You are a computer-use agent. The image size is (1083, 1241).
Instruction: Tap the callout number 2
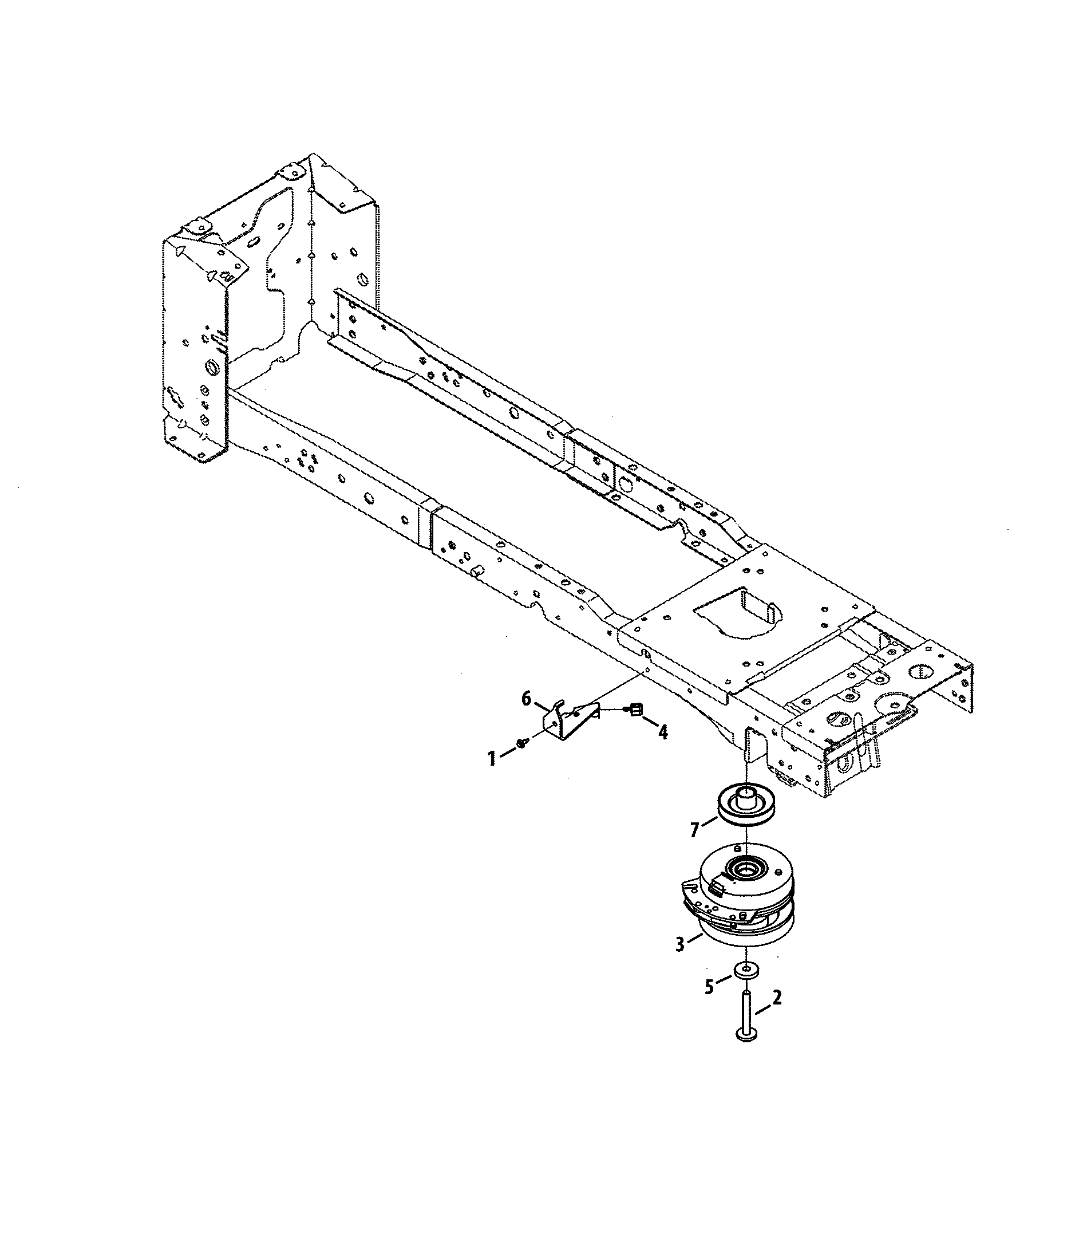[777, 998]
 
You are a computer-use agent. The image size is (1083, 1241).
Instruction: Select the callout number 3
[681, 944]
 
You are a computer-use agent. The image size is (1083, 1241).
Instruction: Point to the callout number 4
[663, 733]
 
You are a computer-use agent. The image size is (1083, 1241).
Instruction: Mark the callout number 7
[695, 830]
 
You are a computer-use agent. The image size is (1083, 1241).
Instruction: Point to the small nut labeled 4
[635, 710]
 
